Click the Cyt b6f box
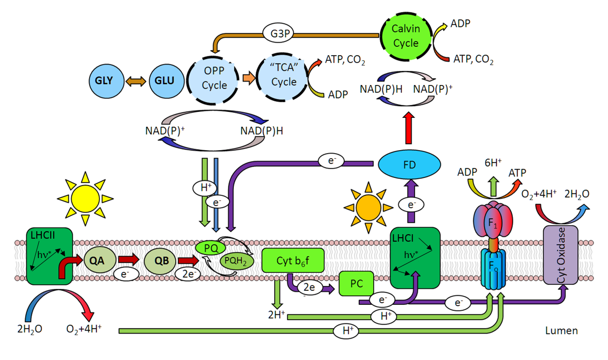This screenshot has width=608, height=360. (x=293, y=261)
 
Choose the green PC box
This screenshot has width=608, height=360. (x=356, y=284)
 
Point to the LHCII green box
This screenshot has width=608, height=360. (x=49, y=257)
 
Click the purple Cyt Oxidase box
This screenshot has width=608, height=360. (x=560, y=256)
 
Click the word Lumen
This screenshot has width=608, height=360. (x=561, y=330)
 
